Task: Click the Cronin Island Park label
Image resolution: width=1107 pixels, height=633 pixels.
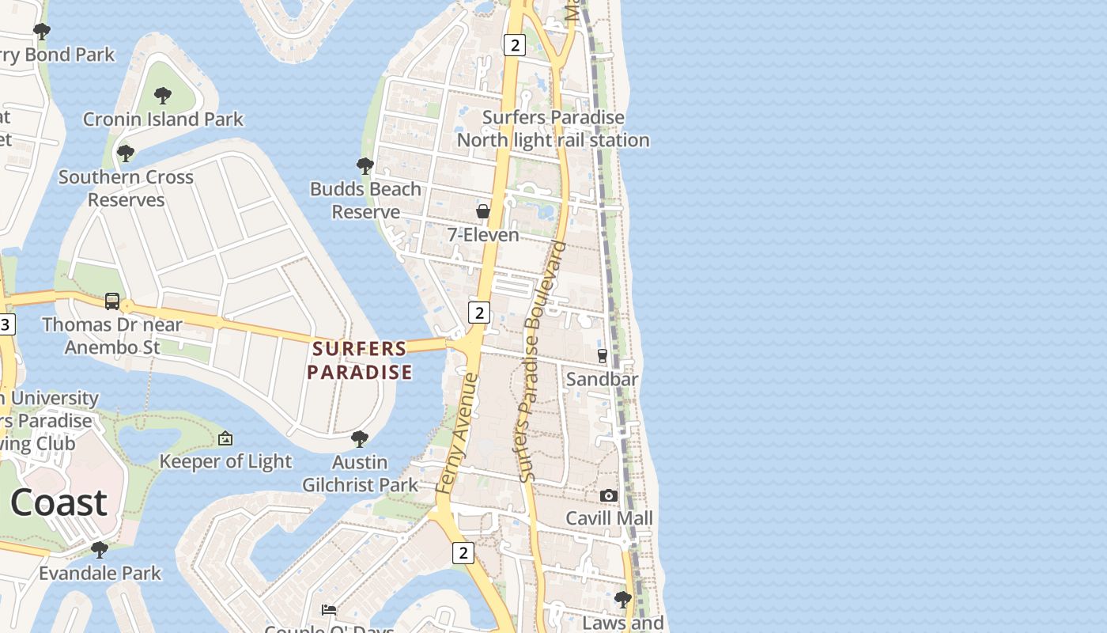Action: (163, 119)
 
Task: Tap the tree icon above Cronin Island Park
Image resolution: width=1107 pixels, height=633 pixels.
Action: (163, 96)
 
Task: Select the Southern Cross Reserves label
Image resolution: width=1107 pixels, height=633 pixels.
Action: (126, 188)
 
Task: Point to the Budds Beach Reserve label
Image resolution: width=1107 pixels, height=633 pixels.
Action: (365, 200)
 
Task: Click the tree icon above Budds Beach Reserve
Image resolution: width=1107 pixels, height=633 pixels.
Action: (365, 165)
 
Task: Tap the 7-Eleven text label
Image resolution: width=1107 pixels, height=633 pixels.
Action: (482, 235)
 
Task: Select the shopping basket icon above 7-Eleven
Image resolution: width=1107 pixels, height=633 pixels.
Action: (482, 211)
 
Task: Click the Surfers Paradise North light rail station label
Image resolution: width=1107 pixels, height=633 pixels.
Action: (553, 129)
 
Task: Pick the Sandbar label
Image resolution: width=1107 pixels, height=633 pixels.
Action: (602, 379)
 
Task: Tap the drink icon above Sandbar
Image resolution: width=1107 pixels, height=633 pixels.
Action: (603, 356)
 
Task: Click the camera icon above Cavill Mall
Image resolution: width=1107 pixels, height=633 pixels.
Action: (608, 495)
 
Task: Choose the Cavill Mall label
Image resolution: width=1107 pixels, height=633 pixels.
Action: (609, 518)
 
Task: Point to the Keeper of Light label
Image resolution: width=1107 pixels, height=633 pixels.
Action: (225, 461)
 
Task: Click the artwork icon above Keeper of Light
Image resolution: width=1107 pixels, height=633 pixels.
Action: (225, 438)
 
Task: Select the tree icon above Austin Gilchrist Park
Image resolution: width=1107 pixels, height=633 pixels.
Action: (360, 438)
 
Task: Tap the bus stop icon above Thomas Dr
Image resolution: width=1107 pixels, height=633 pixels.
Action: (112, 301)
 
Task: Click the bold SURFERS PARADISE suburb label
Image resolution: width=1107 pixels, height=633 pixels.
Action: (360, 360)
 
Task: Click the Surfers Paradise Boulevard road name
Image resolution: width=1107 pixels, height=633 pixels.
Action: (543, 362)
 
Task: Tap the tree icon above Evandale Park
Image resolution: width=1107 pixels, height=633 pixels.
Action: (100, 549)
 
